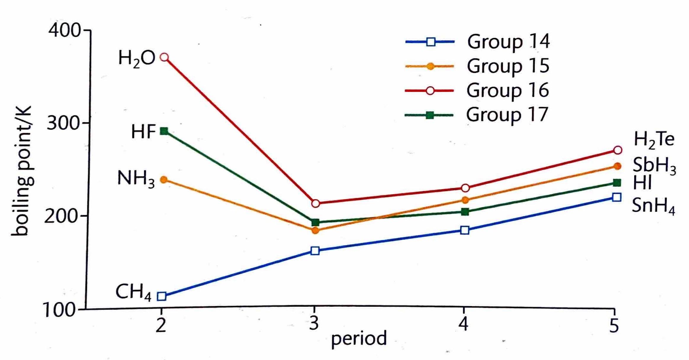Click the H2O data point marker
tap(164, 57)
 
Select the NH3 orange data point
tap(163, 180)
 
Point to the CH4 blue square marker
tap(162, 296)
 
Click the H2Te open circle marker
tap(618, 150)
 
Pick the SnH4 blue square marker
tap(616, 197)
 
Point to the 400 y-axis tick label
tap(64, 30)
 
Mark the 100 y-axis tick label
tap(59, 311)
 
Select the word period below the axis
tap(359, 339)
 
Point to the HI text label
tap(642, 183)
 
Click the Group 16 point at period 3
tap(316, 203)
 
